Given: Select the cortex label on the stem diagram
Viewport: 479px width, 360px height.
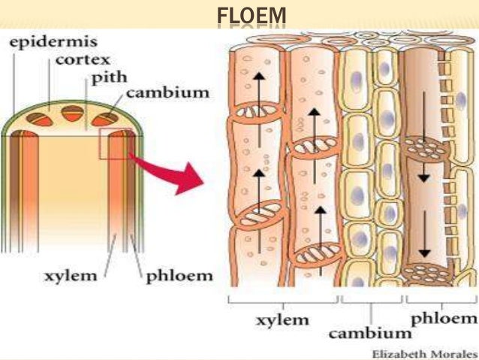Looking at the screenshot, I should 82,59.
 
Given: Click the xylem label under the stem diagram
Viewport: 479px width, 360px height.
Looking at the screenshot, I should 74,275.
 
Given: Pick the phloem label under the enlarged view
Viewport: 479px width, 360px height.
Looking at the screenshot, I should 442,319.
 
